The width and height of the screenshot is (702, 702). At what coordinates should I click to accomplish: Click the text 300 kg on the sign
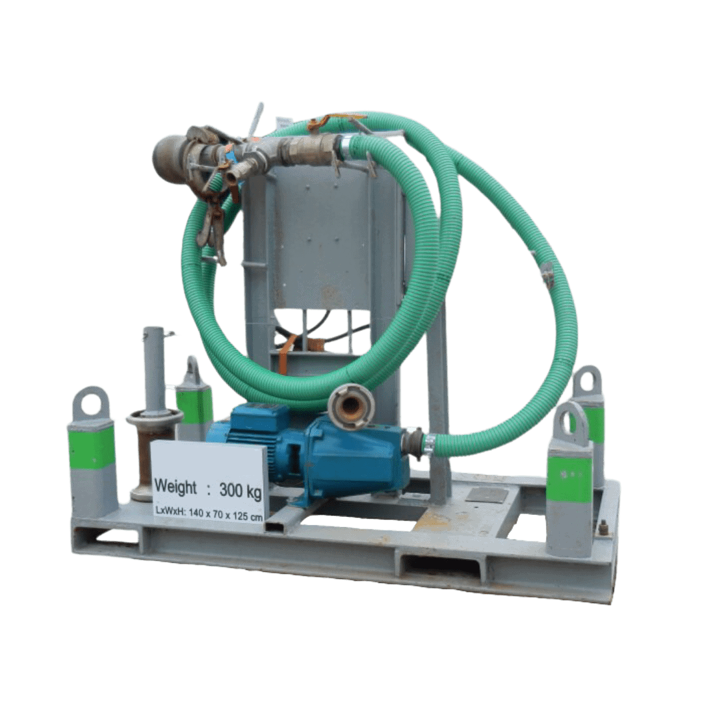[x=240, y=489]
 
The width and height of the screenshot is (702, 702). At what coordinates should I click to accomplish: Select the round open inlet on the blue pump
[x=351, y=407]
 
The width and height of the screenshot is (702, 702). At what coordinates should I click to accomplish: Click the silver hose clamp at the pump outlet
[x=429, y=445]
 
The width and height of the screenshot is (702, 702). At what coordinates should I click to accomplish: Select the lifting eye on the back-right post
[x=587, y=381]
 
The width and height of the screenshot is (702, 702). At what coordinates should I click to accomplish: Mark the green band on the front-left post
[x=92, y=447]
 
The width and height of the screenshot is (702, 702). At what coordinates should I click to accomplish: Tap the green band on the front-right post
[x=569, y=479]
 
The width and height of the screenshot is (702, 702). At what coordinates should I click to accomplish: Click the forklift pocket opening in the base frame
[x=442, y=565]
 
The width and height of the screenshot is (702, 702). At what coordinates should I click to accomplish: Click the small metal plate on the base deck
[x=487, y=495]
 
